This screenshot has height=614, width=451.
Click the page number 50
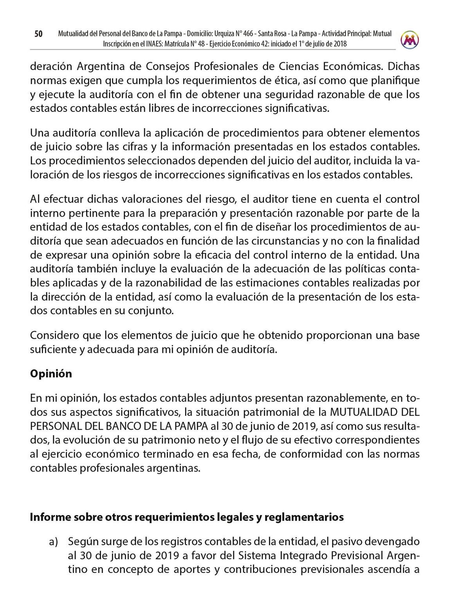(x=38, y=34)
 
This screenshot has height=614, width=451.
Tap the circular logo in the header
(x=410, y=39)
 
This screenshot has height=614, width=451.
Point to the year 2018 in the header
(x=339, y=44)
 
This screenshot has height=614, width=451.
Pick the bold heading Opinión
(x=51, y=373)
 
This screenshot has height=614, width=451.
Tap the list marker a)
(x=54, y=542)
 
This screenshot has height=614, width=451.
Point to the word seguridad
(x=305, y=94)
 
